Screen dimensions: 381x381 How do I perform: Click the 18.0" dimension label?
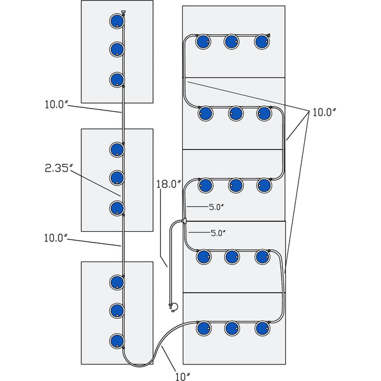pyautogui.click(x=169, y=185)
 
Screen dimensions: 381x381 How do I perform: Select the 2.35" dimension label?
pyautogui.click(x=59, y=168)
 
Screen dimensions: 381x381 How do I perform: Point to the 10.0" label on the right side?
pyautogui.click(x=323, y=112)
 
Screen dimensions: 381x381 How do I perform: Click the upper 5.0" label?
pyautogui.click(x=217, y=206)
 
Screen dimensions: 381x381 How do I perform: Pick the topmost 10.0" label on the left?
pyautogui.click(x=56, y=104)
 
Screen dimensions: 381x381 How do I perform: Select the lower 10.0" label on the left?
pyautogui.click(x=56, y=238)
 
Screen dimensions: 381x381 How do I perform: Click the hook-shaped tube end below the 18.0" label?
pyautogui.click(x=173, y=307)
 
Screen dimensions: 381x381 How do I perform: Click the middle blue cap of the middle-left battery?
pyautogui.click(x=116, y=177)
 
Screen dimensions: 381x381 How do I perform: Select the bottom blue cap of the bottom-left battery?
pyautogui.click(x=116, y=340)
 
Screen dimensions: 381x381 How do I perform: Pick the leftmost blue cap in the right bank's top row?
pyautogui.click(x=203, y=43)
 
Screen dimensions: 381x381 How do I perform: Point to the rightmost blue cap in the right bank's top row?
pyautogui.click(x=262, y=43)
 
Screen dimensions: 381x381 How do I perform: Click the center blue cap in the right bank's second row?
pyautogui.click(x=235, y=114)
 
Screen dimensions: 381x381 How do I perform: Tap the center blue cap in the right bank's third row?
pyautogui.click(x=235, y=185)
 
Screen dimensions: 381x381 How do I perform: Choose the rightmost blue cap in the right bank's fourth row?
pyautogui.click(x=262, y=257)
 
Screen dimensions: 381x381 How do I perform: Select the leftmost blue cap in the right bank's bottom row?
pyautogui.click(x=203, y=328)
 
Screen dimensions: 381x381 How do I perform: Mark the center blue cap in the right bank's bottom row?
pyautogui.click(x=232, y=328)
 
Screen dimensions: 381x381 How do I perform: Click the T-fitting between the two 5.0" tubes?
pyautogui.click(x=184, y=220)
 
